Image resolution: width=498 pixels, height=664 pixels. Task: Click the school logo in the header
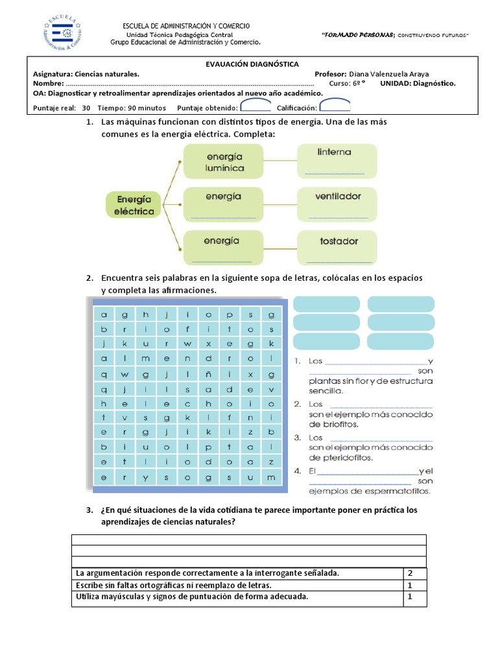point(62,34)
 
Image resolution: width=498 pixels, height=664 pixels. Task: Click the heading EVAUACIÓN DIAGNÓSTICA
point(252,64)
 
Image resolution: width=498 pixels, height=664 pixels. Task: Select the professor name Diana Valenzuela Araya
point(388,74)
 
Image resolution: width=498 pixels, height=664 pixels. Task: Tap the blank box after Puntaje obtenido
point(255,106)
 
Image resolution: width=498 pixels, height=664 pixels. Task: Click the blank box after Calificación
point(335,106)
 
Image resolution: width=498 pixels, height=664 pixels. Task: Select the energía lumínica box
point(224,161)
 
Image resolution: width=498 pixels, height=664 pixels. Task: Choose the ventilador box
point(337,204)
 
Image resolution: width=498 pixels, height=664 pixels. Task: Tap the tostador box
point(337,248)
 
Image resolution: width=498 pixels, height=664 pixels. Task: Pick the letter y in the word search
point(145,478)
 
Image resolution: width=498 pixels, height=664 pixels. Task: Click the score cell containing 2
point(410,573)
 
